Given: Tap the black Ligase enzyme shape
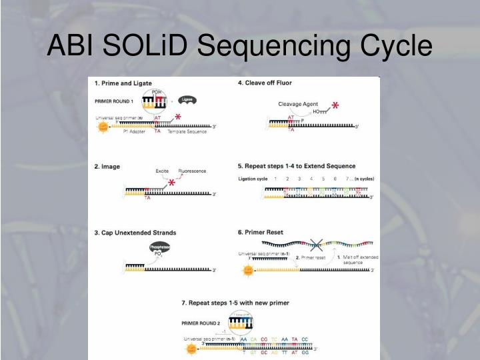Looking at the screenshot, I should [x=187, y=99].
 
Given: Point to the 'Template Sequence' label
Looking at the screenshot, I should [x=187, y=132].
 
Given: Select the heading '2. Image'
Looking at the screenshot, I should [x=107, y=166].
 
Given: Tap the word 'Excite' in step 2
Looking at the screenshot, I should [x=162, y=171].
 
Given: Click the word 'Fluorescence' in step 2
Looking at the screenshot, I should [x=191, y=171].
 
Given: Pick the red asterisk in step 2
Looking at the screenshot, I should [x=171, y=183].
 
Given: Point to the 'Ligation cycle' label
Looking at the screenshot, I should [x=253, y=179].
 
